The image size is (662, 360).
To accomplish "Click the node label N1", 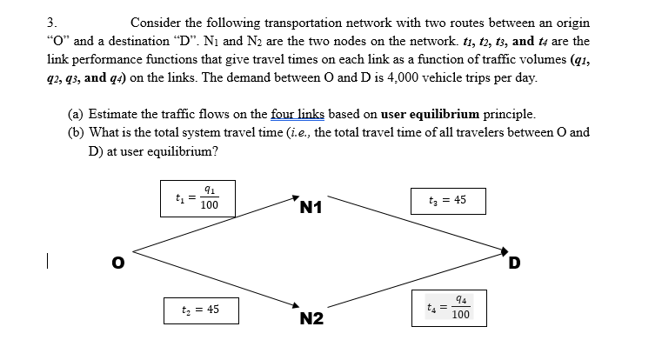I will point(311,207).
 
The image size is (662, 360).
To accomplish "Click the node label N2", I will point(312,319).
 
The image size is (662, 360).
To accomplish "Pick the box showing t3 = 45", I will point(447,199).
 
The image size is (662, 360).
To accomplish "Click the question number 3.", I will point(51,23).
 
